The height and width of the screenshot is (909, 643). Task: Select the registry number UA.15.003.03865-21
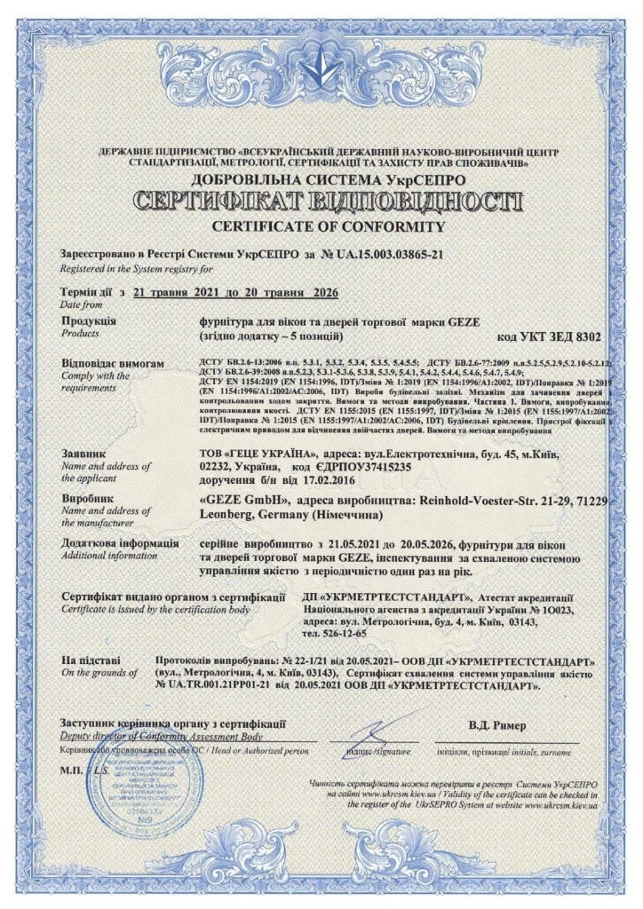tap(390, 255)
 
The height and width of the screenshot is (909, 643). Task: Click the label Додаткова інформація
tap(119, 542)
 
